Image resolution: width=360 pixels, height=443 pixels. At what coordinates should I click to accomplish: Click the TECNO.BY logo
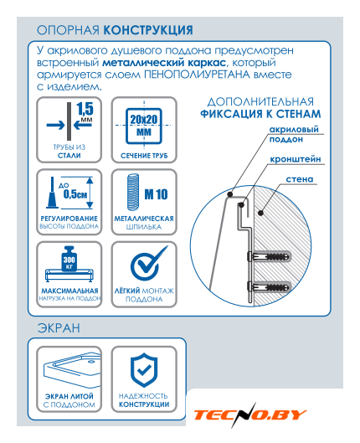[x=249, y=415]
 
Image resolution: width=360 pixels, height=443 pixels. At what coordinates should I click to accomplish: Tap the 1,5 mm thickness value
[x=85, y=112]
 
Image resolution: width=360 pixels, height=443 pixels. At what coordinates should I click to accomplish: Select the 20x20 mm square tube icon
[x=144, y=126]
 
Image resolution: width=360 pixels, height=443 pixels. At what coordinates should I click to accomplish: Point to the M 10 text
[x=156, y=194]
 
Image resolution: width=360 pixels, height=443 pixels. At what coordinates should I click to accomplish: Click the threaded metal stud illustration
[x=133, y=192]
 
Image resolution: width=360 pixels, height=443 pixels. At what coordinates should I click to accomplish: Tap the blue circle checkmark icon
[x=147, y=263]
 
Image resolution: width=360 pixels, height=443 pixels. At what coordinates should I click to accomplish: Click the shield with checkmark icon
[x=144, y=370]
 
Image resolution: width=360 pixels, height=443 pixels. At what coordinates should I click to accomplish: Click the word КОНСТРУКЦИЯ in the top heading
[x=148, y=30]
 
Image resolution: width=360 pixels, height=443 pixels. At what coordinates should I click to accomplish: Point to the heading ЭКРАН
[x=59, y=328]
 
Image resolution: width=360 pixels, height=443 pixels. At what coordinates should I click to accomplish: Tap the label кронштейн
[x=295, y=159]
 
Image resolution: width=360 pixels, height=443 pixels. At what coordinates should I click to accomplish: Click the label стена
[x=299, y=179]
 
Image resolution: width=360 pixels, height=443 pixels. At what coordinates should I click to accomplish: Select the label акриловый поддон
[x=294, y=134]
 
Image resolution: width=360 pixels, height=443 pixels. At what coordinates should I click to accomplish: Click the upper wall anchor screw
[x=269, y=257]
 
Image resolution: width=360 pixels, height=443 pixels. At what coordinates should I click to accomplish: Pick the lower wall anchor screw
[x=269, y=288]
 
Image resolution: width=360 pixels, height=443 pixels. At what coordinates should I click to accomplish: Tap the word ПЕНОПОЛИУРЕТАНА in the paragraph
[x=197, y=75]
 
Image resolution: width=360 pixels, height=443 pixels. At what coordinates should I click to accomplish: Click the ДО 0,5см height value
[x=74, y=191]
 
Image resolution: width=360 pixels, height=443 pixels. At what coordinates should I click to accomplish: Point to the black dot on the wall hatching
[x=261, y=213]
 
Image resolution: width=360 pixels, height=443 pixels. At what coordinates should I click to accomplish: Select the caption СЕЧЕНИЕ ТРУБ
[x=144, y=156]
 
